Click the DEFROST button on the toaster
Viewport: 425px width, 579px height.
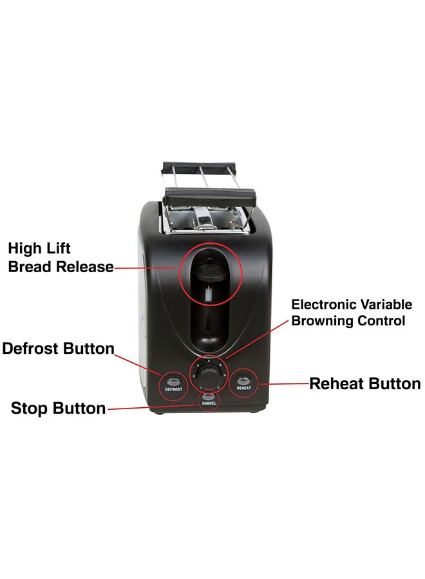(173, 381)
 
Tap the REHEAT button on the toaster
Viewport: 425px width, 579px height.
(243, 380)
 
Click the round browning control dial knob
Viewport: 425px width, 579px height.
(207, 376)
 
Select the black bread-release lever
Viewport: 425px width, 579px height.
(209, 273)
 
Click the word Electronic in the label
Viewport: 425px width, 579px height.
(323, 304)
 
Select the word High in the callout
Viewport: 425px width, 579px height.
(24, 248)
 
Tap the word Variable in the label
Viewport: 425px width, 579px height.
(385, 304)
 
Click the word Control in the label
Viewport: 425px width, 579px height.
(381, 320)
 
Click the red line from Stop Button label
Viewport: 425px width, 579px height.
(151, 407)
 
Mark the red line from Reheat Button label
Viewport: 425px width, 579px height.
(285, 383)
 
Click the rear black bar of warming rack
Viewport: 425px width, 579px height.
(199, 166)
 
